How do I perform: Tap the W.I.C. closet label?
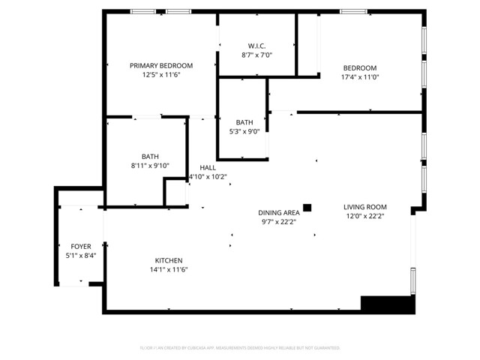tap(256, 44)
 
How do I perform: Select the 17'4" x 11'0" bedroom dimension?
tap(360, 76)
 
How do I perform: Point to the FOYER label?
tap(81, 246)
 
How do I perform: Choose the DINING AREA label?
tap(279, 212)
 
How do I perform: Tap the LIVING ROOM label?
tap(364, 207)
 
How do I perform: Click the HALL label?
tap(207, 167)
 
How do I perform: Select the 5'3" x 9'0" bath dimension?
tap(244, 132)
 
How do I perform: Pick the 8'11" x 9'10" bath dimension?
tap(150, 166)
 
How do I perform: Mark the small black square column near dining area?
tap(307, 207)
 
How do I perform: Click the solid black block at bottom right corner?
tap(387, 304)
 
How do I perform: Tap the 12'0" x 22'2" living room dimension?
tap(364, 217)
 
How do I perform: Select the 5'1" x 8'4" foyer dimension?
tap(81, 256)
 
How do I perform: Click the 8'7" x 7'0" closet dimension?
tap(256, 55)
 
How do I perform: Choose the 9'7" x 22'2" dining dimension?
tap(279, 222)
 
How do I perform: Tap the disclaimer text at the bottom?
tap(240, 348)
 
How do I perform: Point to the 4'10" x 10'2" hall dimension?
tap(207, 177)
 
